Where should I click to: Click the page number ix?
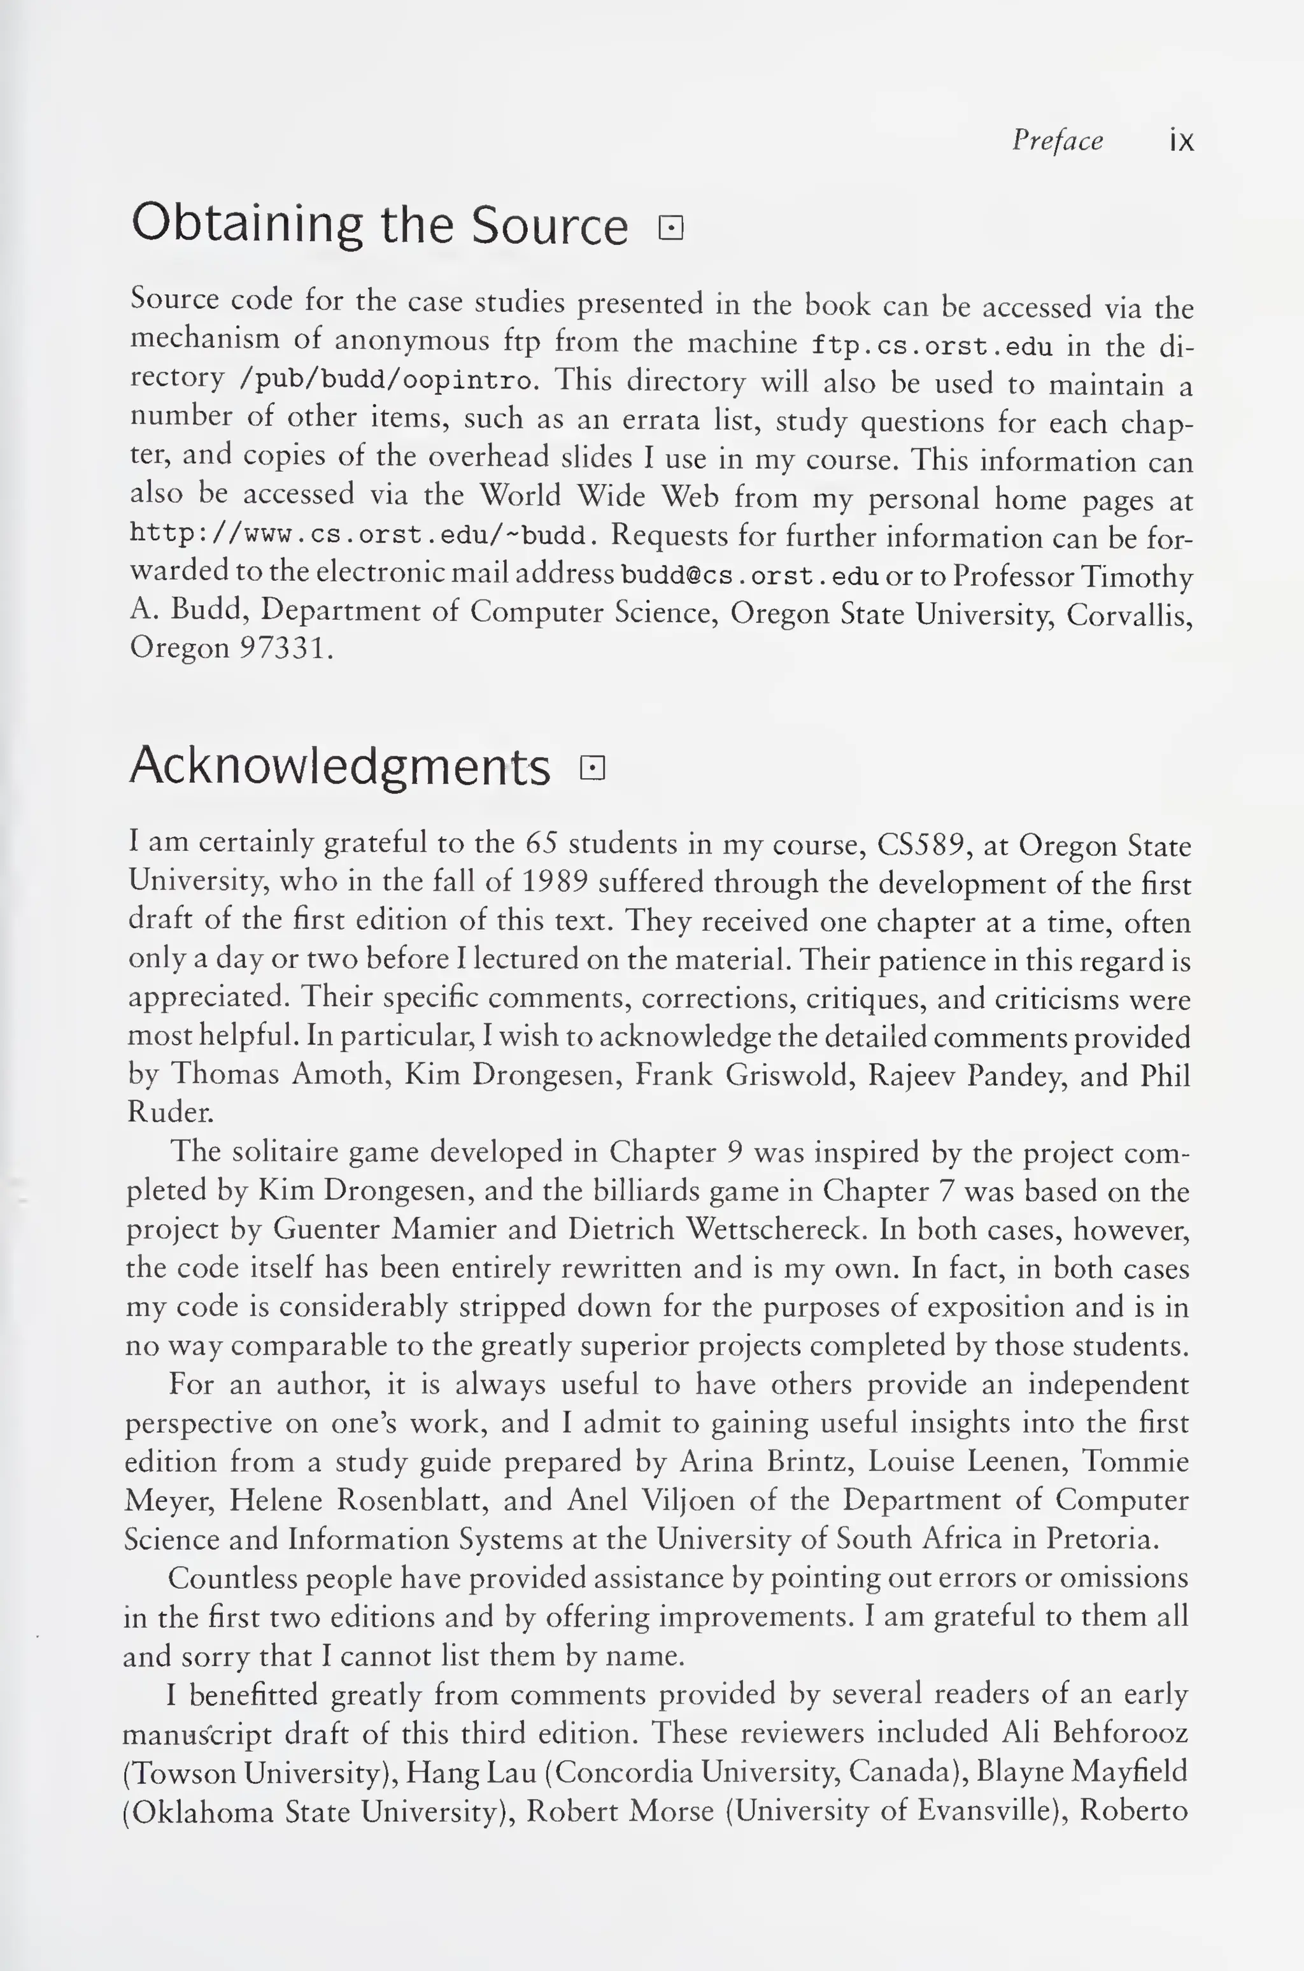click(x=1181, y=141)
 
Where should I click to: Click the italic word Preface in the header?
click(x=1057, y=141)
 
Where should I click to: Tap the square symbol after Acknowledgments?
click(x=592, y=767)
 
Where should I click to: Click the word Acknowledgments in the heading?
click(x=339, y=766)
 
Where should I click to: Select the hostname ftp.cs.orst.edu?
click(x=932, y=345)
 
